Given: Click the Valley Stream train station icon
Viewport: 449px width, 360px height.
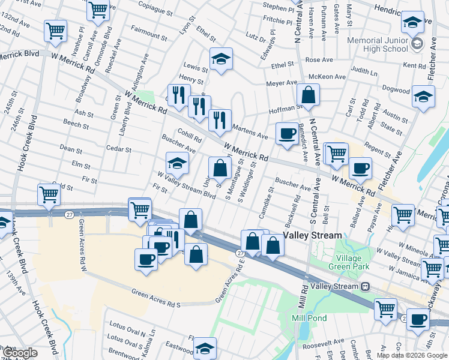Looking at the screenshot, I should (364, 287).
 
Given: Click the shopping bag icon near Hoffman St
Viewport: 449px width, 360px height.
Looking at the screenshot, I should (308, 95).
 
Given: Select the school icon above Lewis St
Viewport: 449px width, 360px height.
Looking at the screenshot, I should (221, 59).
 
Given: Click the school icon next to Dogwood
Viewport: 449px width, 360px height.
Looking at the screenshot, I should (423, 95).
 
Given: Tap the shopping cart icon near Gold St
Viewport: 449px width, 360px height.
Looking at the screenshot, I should (48, 194).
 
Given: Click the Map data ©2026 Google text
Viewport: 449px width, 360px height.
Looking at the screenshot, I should (412, 355).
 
